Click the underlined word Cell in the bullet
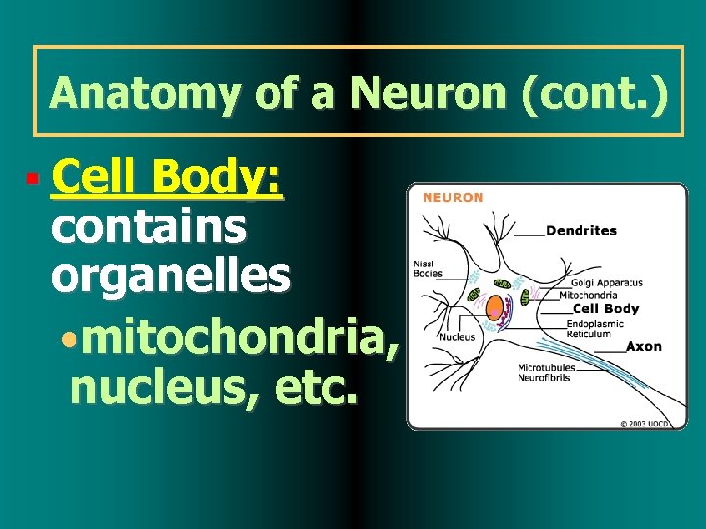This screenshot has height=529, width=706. pyautogui.click(x=94, y=180)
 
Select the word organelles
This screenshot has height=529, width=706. pyautogui.click(x=171, y=276)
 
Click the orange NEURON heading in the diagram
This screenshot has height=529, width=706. pyautogui.click(x=453, y=197)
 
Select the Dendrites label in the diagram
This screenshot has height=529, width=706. pyautogui.click(x=581, y=231)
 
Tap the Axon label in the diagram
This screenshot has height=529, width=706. pyautogui.click(x=643, y=346)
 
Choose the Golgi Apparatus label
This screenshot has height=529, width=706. pyautogui.click(x=607, y=283)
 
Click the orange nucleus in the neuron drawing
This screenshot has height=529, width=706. pyautogui.click(x=496, y=307)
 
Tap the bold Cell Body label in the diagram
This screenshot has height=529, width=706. pyautogui.click(x=606, y=309)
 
